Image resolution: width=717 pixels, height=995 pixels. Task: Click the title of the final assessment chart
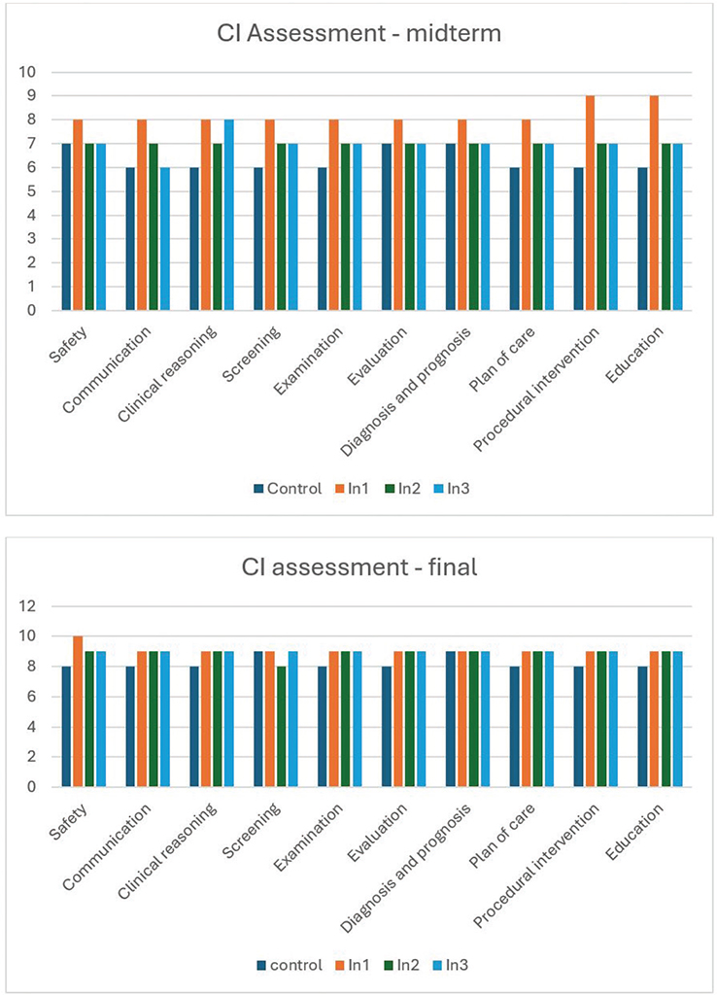click(358, 566)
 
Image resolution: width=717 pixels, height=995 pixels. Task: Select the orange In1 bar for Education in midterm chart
click(656, 203)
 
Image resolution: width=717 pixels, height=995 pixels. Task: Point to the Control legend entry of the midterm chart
click(287, 488)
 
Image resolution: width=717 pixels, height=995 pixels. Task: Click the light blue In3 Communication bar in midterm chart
click(166, 239)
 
